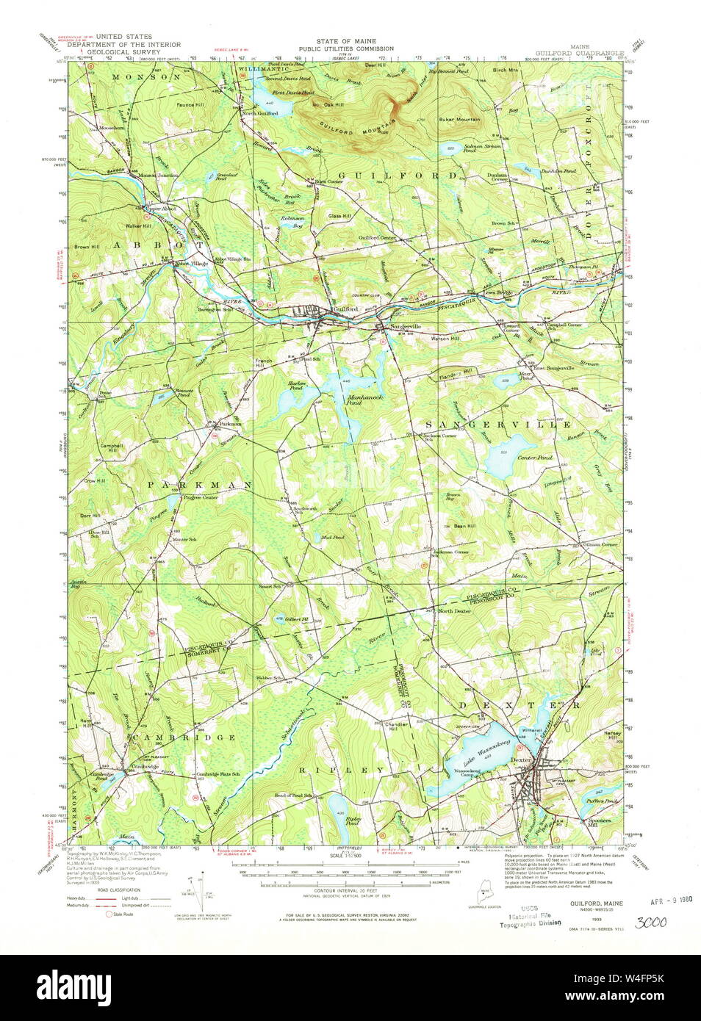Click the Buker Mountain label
[459, 119]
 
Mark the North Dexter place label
[454, 611]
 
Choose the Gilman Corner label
[600, 545]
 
